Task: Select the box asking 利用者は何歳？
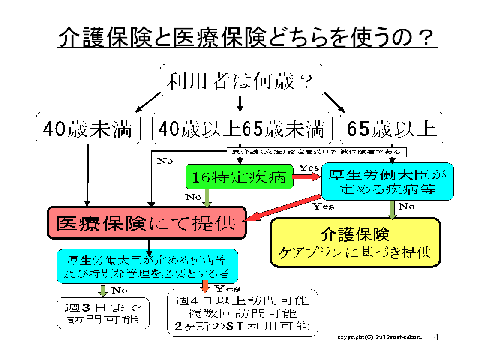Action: pyautogui.click(x=241, y=80)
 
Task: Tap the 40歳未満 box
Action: pyautogui.click(x=88, y=128)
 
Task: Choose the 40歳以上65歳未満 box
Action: pyautogui.click(x=242, y=128)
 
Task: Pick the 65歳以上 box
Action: pyautogui.click(x=392, y=128)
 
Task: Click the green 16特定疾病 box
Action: pyautogui.click(x=239, y=177)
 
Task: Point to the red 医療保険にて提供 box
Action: pyautogui.click(x=147, y=223)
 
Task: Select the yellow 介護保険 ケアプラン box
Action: pyautogui.click(x=355, y=242)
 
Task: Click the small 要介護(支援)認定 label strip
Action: pyautogui.click(x=316, y=152)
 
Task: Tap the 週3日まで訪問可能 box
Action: pyautogui.click(x=103, y=313)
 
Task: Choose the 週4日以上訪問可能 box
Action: pyautogui.click(x=243, y=313)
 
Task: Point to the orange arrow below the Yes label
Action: pyautogui.click(x=205, y=286)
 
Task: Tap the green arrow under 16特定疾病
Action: pyautogui.click(x=207, y=198)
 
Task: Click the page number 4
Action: pyautogui.click(x=436, y=337)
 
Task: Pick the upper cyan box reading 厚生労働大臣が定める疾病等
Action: pyautogui.click(x=387, y=181)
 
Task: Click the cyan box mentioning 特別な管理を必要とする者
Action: pyautogui.click(x=147, y=266)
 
